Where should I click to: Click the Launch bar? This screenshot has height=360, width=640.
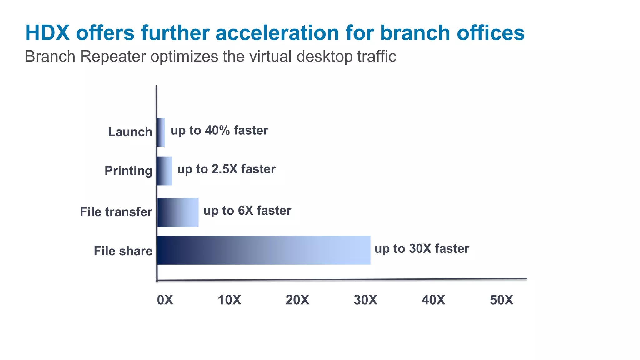[x=161, y=132]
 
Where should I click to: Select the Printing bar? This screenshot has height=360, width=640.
[x=164, y=171]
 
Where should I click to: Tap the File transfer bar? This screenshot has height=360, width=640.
[x=178, y=212]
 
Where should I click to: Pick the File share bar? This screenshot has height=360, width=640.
[x=264, y=250]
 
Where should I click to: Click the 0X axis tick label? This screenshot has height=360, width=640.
[x=165, y=300]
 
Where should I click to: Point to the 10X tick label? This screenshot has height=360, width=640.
[x=229, y=300]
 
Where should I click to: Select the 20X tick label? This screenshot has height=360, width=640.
[x=297, y=300]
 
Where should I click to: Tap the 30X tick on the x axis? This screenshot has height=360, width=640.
[x=365, y=300]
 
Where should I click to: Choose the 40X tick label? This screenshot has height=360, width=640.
[x=433, y=300]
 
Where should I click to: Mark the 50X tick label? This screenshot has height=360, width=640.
[x=501, y=300]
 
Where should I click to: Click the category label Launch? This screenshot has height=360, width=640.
[x=130, y=132]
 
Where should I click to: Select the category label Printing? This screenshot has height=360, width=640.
[x=128, y=171]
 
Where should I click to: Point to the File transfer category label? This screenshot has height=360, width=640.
[x=116, y=212]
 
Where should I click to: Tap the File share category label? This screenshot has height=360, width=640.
[x=123, y=251]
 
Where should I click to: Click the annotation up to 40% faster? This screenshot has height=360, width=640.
[x=219, y=130]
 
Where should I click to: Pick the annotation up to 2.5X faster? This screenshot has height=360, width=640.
[x=226, y=169]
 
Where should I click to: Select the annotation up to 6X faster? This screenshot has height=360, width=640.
[x=247, y=211]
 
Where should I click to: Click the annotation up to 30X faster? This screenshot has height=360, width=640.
[x=422, y=249]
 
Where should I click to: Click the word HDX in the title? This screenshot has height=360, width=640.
[x=47, y=32]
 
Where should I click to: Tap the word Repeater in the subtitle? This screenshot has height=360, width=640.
[x=113, y=57]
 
